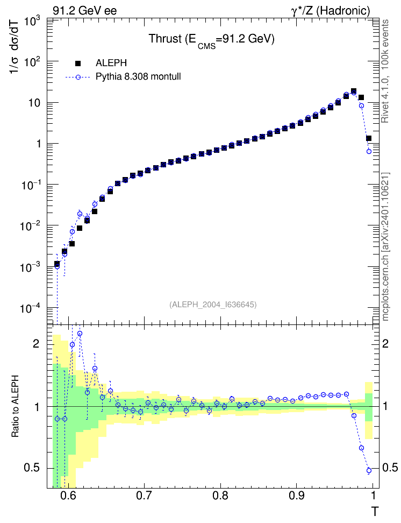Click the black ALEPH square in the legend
[78, 63]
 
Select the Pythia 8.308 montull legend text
[138, 77]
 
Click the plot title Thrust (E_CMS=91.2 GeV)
[211, 40]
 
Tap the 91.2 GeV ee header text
[85, 11]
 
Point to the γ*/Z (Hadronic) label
[331, 11]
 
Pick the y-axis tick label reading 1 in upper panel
[39, 144]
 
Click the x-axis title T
[375, 511]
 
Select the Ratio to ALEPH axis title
[15, 406]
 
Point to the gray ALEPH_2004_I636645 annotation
[213, 305]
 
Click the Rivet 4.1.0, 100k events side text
[385, 71]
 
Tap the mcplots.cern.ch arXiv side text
[385, 246]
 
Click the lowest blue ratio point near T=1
[369, 471]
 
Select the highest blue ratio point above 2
[80, 333]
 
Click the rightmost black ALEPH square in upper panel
[369, 138]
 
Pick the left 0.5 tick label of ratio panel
[32, 468]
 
